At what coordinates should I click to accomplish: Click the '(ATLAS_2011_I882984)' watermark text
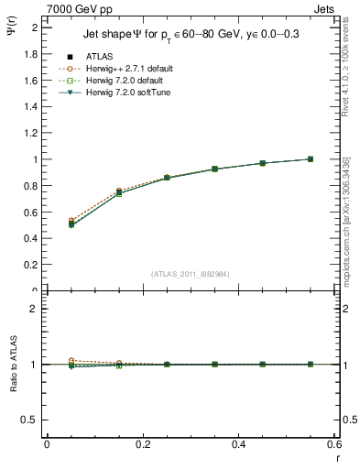(190, 274)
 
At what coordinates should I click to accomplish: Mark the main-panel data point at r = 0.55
(310, 159)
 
